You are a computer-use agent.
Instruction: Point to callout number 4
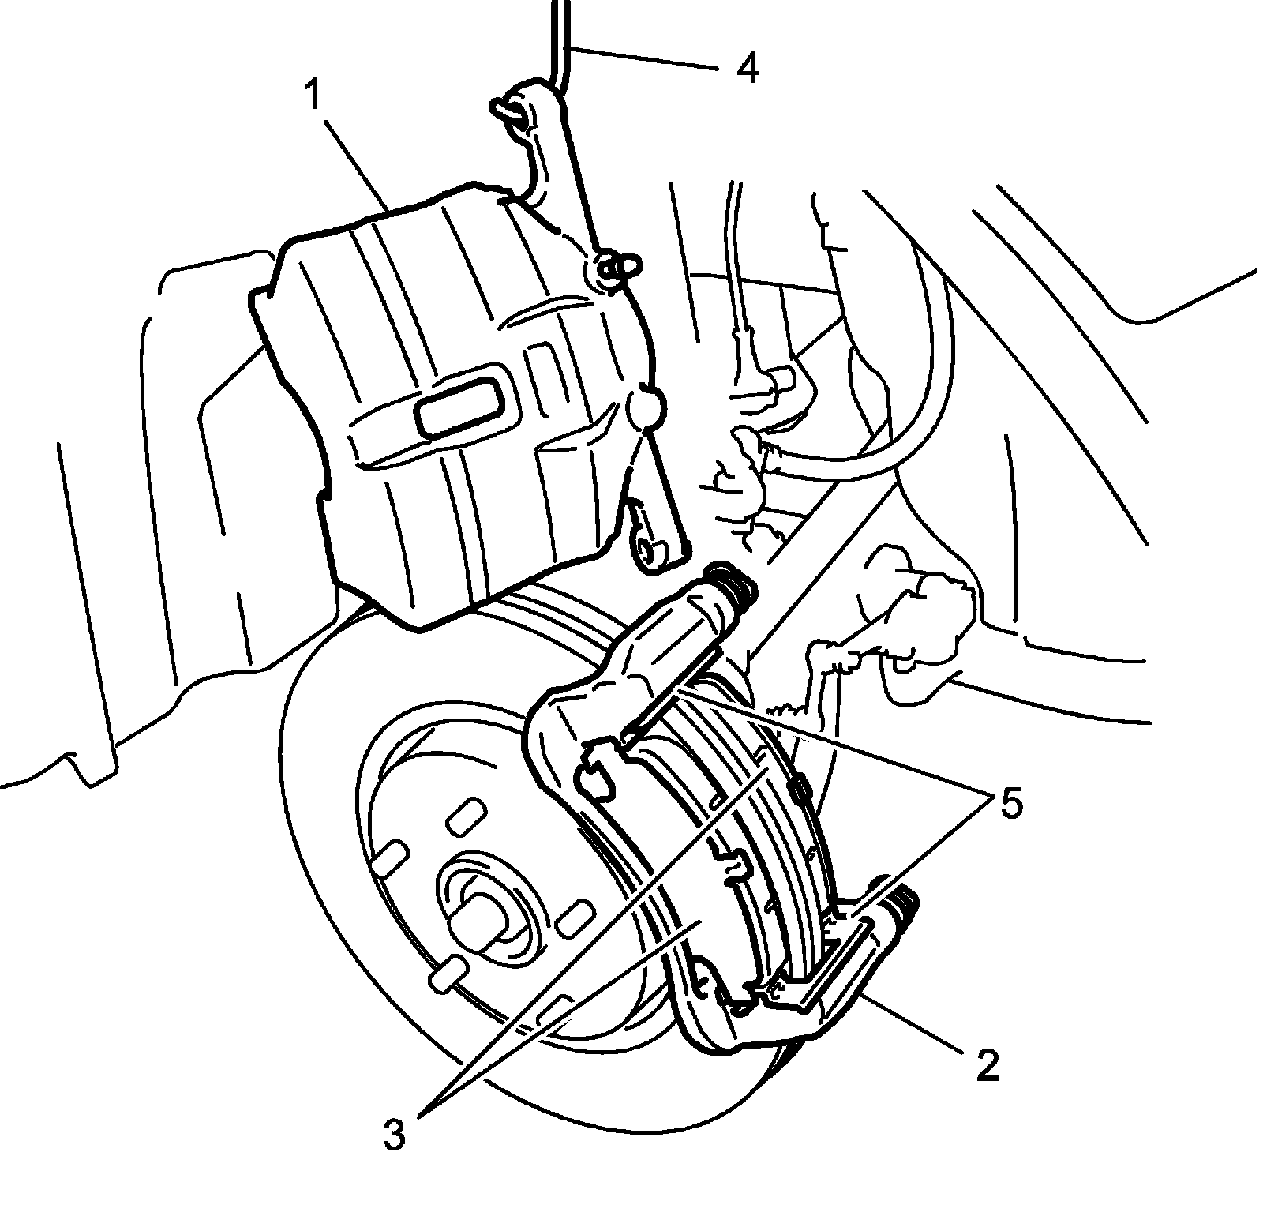click(746, 69)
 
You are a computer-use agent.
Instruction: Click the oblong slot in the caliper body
click(459, 410)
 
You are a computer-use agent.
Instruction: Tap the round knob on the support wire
click(646, 407)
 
